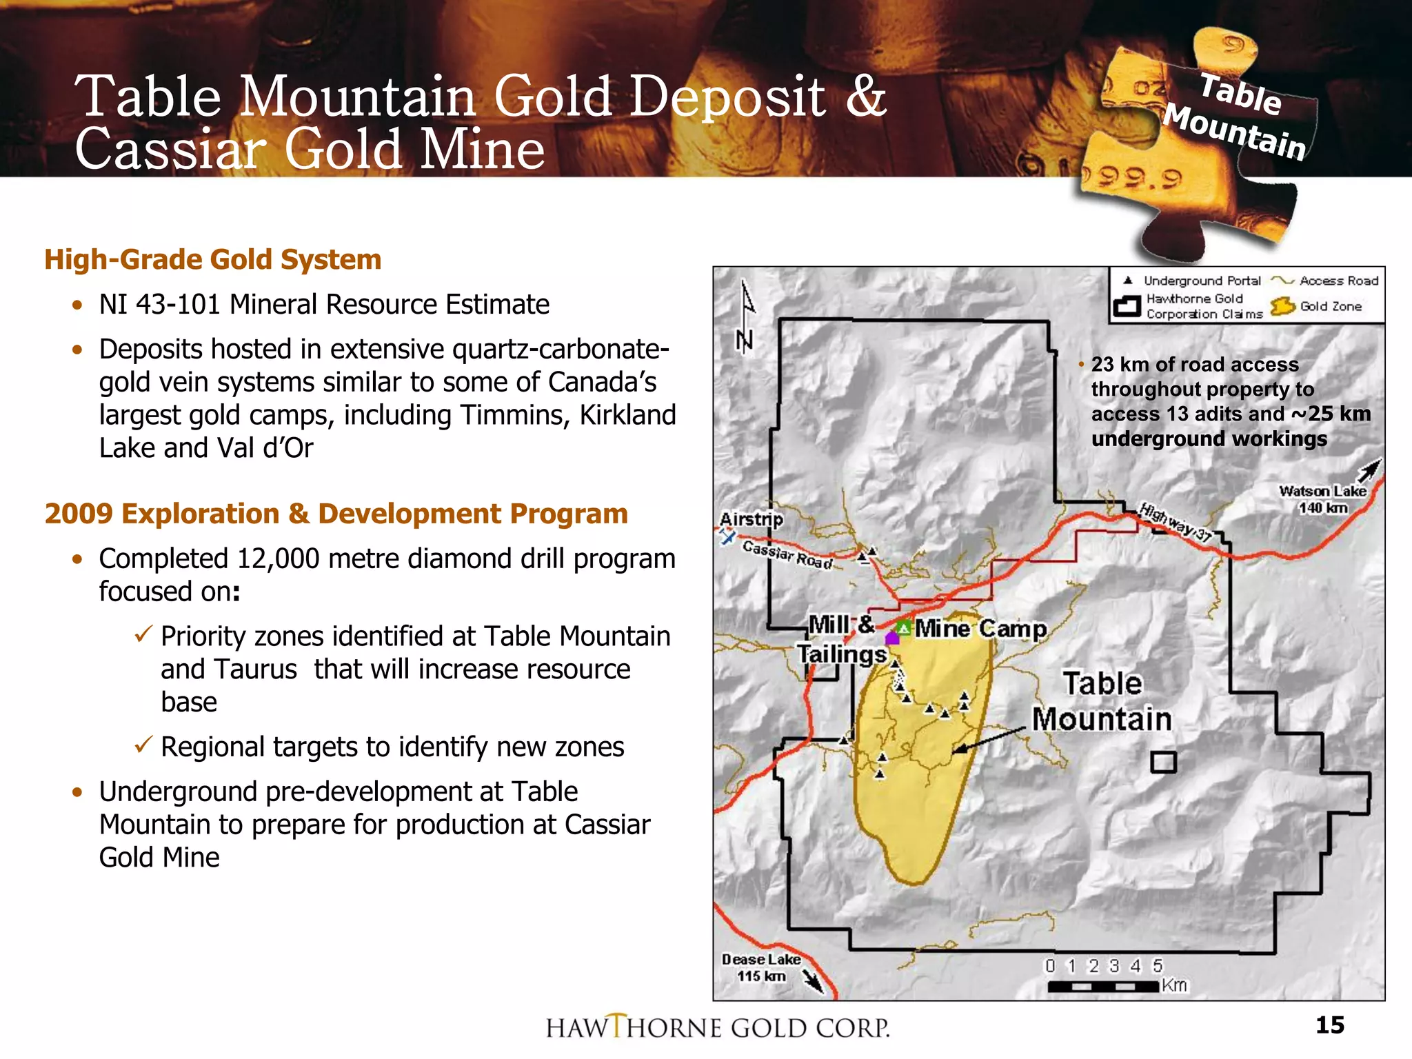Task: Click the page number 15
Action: coord(1329,1025)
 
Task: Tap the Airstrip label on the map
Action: coord(751,519)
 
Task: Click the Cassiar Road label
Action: coord(787,554)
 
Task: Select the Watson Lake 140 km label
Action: coord(1322,499)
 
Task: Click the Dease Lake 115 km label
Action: coord(761,967)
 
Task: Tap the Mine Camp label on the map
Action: coord(980,629)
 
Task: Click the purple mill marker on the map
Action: coord(892,638)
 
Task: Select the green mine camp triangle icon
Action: coord(903,628)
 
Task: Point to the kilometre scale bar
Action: coord(1102,987)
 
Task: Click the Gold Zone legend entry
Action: coord(1317,306)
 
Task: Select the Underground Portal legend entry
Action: coord(1193,281)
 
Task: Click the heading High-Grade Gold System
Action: coord(212,260)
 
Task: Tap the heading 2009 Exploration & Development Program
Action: coord(336,514)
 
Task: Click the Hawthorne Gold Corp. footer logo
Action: coord(718,1027)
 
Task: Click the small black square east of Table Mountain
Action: coord(1163,762)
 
